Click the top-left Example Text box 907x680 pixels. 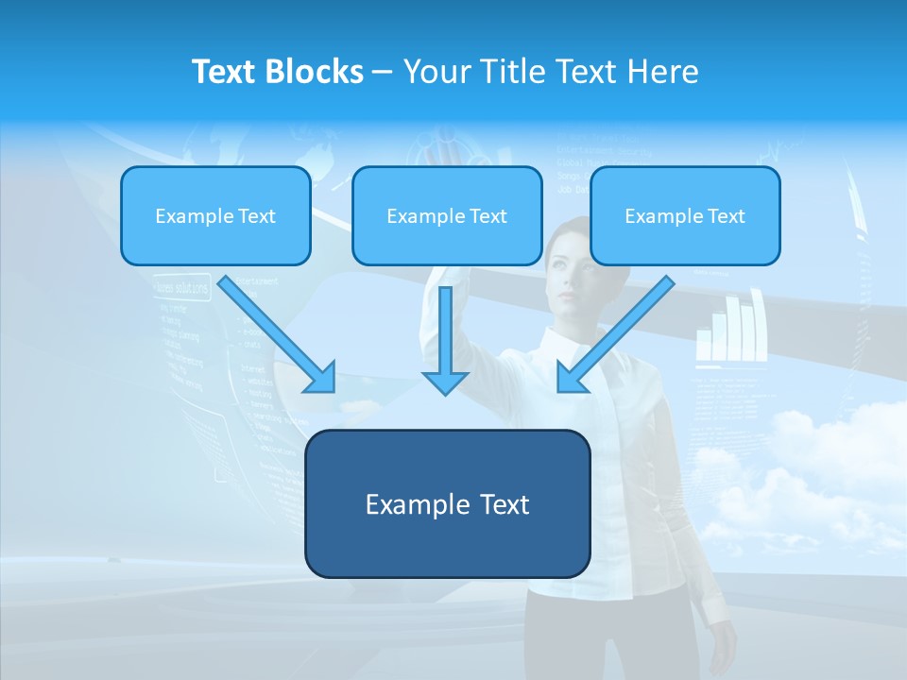click(215, 215)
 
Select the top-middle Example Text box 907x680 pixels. click(447, 215)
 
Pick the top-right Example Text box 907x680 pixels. click(685, 215)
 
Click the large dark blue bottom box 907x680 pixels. click(447, 503)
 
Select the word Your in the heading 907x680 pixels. click(436, 72)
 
